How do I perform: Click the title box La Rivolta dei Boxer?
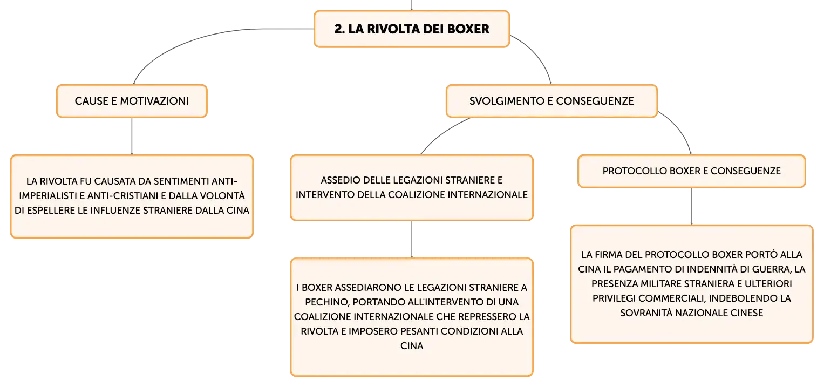[x=412, y=29]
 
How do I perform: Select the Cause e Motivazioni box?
[x=132, y=101]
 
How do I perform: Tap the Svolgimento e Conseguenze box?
[x=551, y=101]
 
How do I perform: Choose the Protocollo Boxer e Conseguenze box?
[x=692, y=171]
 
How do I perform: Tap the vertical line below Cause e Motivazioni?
[x=132, y=136]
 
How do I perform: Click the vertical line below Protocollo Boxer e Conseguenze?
[x=692, y=206]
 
